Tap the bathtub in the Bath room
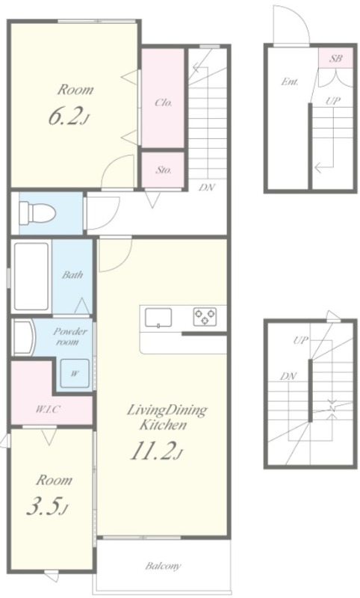[x=31, y=277]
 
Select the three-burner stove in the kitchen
[x=205, y=316]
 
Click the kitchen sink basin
[x=158, y=318]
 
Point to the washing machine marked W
[x=75, y=373]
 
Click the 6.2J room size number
[x=69, y=117]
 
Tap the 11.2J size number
[x=157, y=451]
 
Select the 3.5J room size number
[x=48, y=507]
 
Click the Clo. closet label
[x=164, y=102]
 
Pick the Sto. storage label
[x=163, y=170]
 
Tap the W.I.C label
[x=48, y=410]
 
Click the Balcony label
[x=163, y=566]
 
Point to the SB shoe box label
[x=335, y=59]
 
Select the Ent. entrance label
[x=290, y=81]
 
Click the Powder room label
[x=69, y=336]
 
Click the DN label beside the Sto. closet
[x=207, y=188]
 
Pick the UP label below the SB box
[x=333, y=101]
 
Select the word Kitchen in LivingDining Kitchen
[x=163, y=425]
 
